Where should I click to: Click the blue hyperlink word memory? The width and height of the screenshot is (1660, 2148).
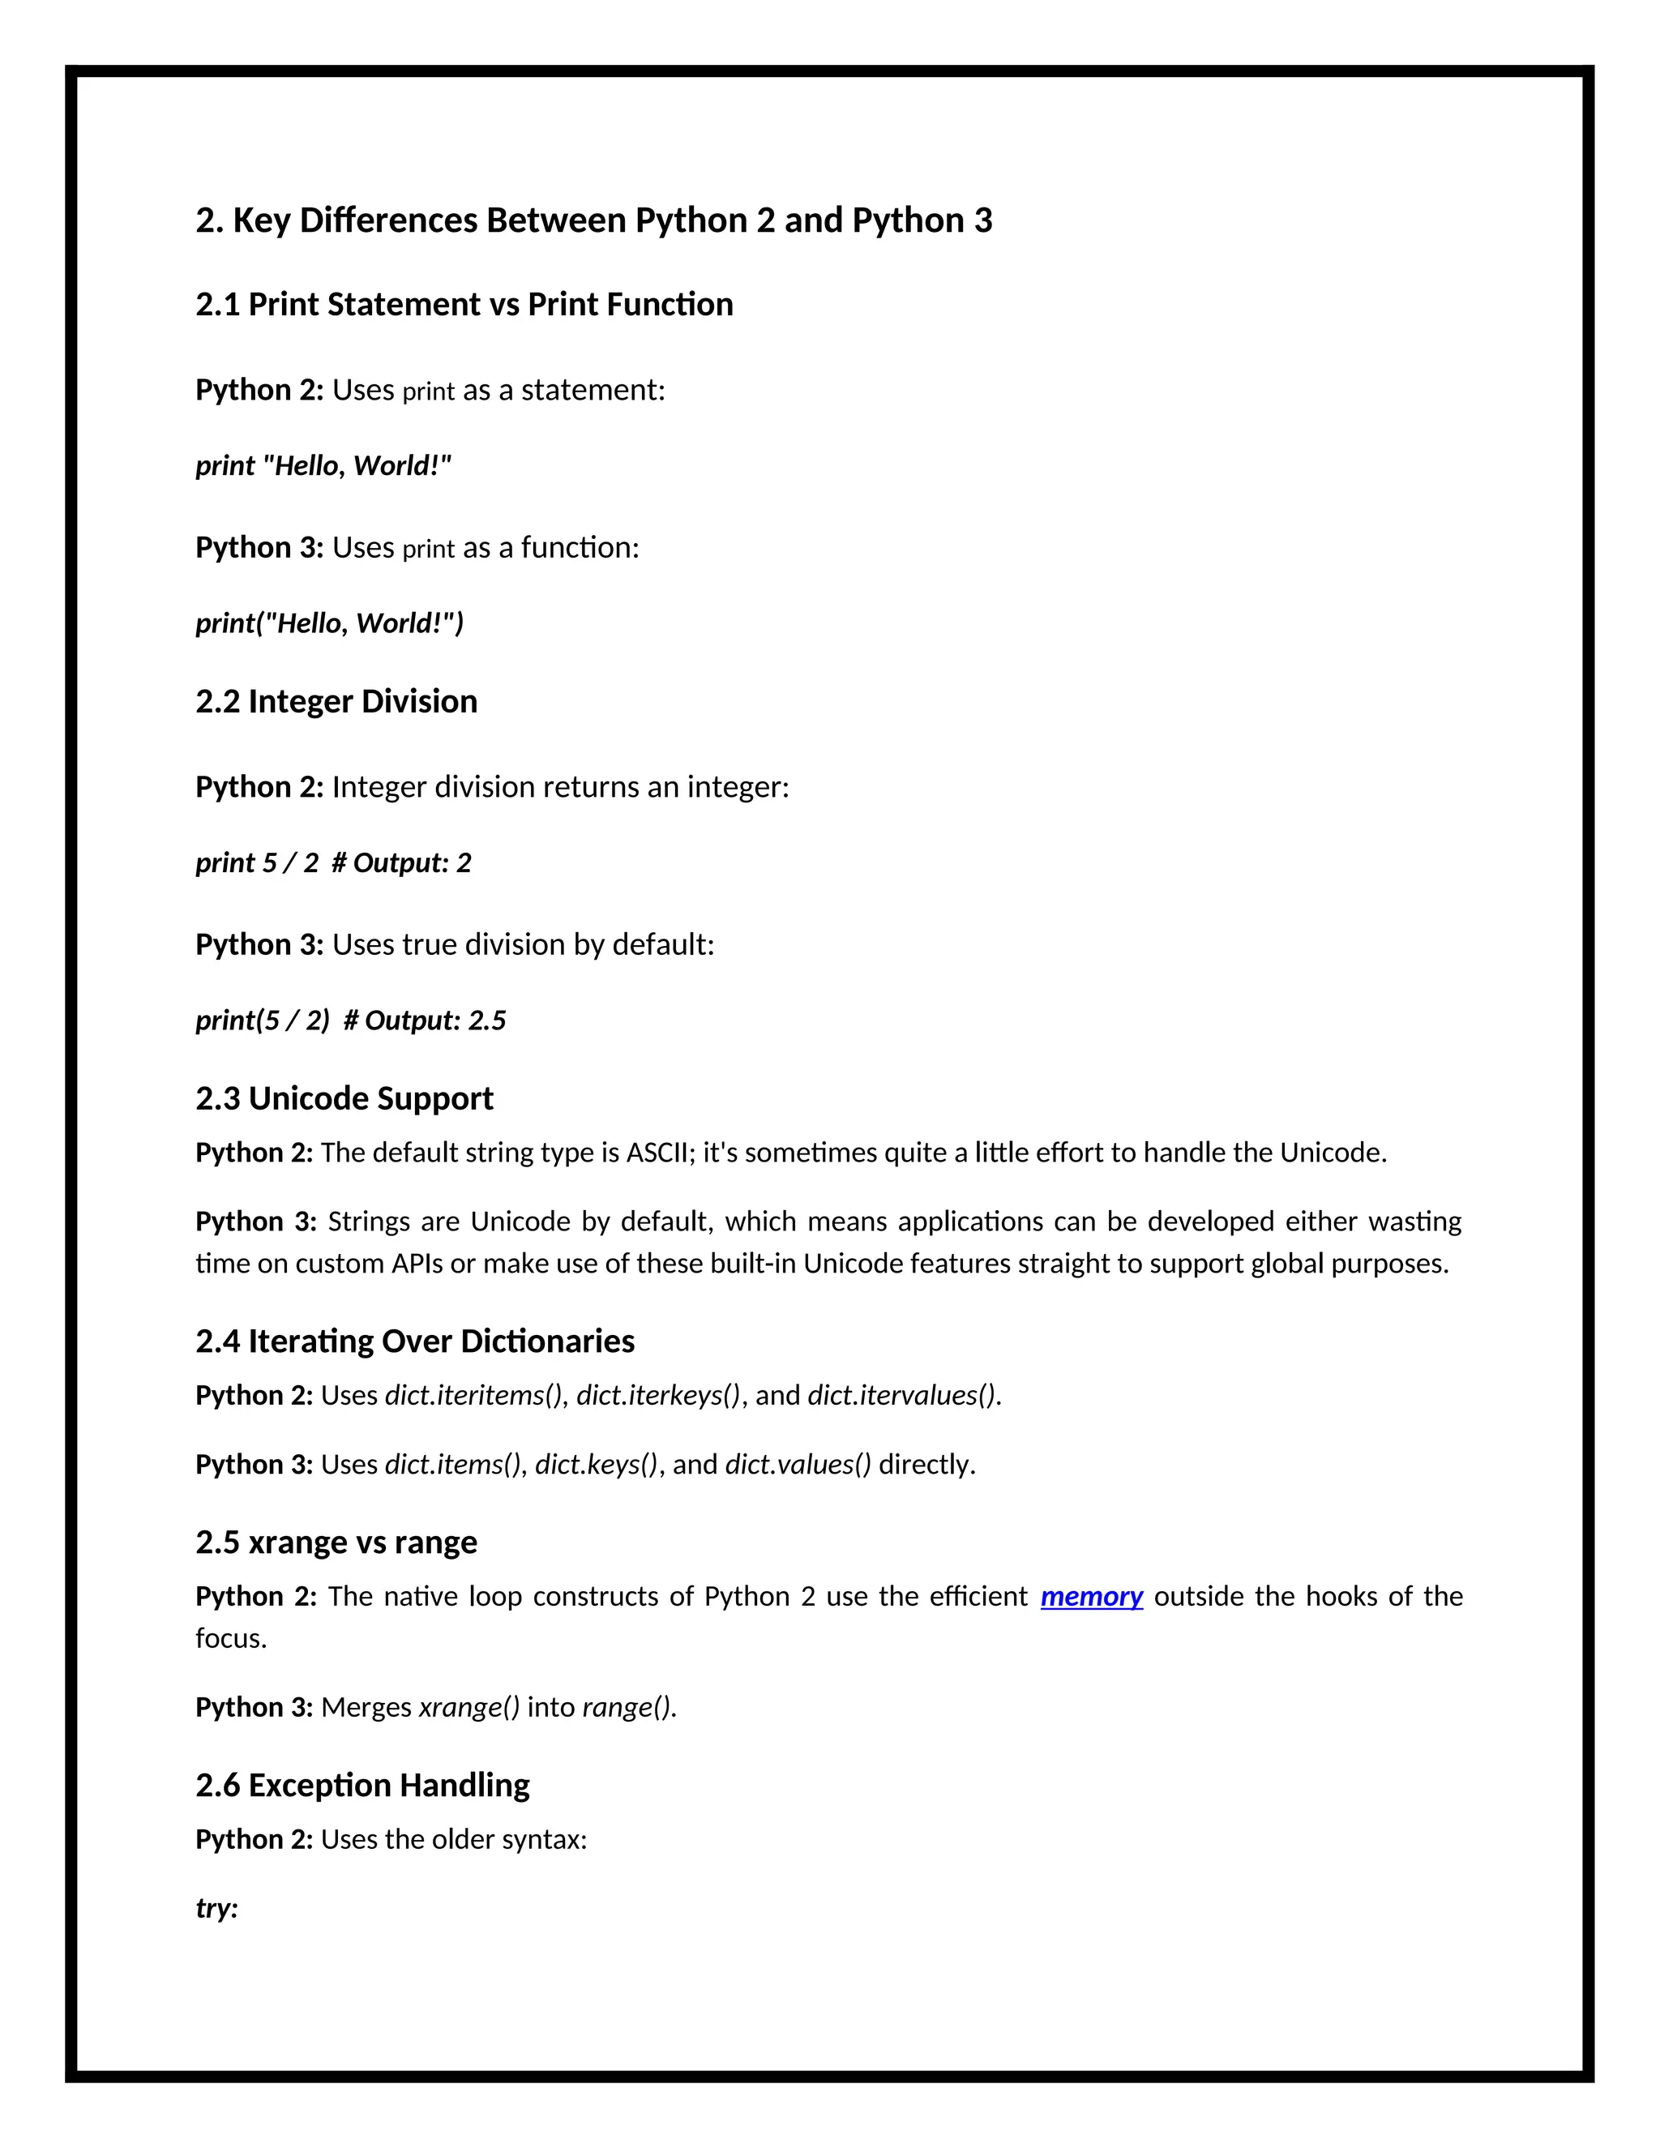1091,1596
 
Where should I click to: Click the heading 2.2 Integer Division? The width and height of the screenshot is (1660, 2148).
336,701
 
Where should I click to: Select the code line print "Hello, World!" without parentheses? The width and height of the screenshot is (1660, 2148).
323,465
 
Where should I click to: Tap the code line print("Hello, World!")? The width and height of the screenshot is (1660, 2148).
329,623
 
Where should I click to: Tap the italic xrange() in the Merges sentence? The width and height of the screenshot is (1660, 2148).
469,1706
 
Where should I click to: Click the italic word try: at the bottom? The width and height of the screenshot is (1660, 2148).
216,1908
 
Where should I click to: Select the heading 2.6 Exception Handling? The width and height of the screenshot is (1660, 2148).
362,1785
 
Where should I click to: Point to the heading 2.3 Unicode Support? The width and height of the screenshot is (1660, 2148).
344,1098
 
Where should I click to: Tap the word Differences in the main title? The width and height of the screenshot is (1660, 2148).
387,220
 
